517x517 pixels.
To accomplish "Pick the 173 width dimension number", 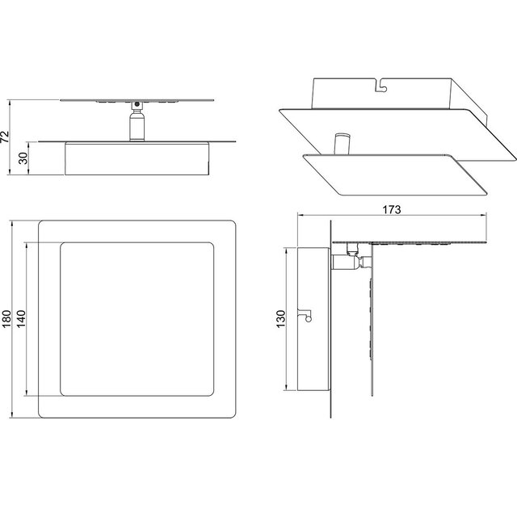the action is point(392,209).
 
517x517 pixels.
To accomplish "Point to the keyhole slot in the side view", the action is point(308,316).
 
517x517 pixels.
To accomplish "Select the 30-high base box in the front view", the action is point(136,159).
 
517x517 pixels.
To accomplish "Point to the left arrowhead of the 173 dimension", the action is point(300,216).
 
